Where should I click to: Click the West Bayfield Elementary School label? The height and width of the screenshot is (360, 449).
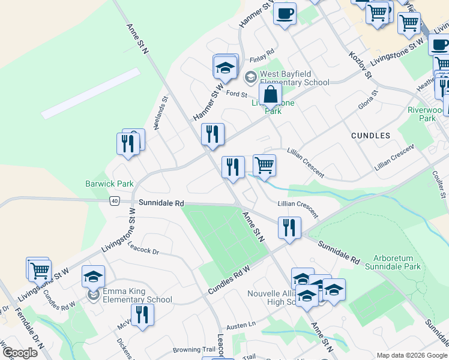pos(294,79)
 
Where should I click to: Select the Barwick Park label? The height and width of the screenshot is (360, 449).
pos(109,184)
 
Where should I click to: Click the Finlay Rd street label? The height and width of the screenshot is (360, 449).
pos(262,53)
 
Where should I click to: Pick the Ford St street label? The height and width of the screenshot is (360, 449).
pos(237,94)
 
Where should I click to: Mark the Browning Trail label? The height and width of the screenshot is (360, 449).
pos(193,349)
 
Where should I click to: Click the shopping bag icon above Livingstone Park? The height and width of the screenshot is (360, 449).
pos(271,95)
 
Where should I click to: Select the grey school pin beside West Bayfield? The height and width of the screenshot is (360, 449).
pos(250,76)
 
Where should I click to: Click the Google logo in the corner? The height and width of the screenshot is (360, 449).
pos(19,353)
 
